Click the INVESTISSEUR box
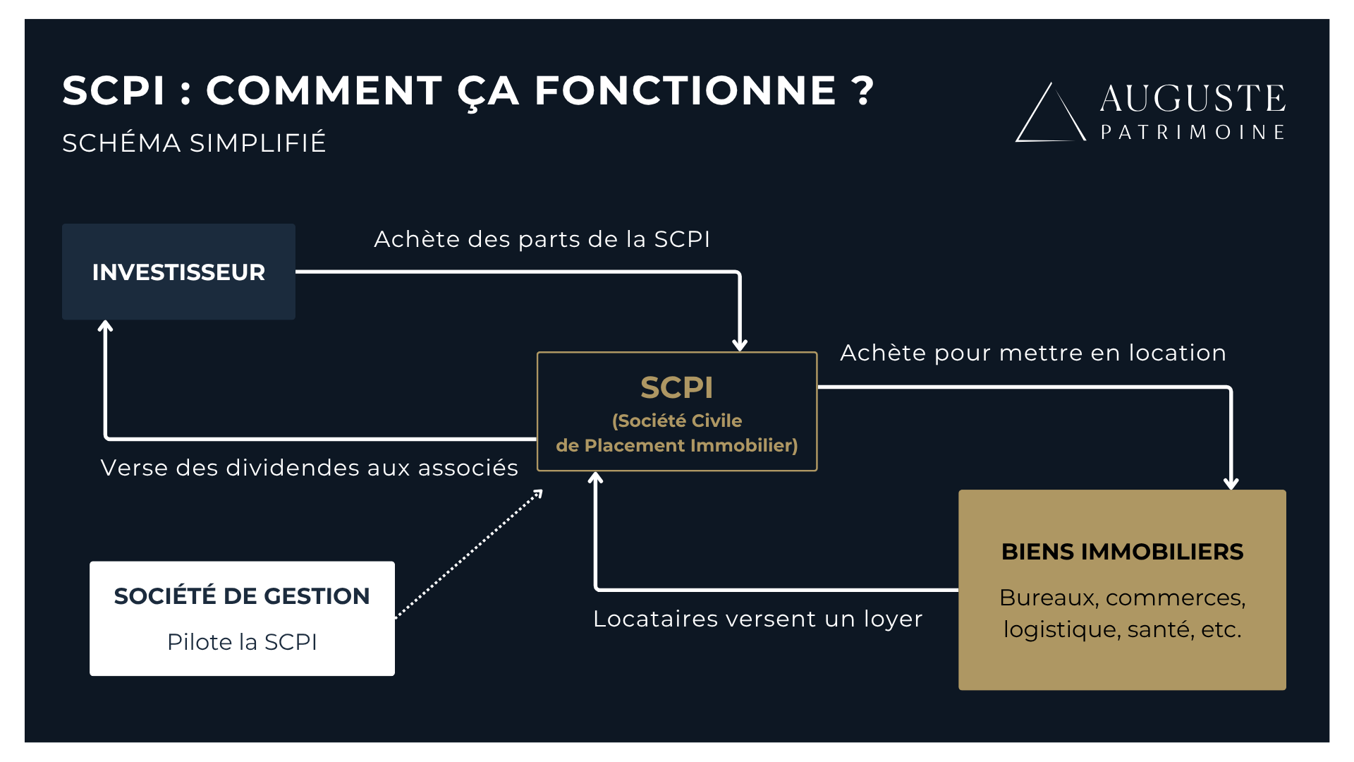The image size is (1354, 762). pos(178,272)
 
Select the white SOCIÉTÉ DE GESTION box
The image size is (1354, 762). pos(242,618)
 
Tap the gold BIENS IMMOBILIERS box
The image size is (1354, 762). pos(1122,590)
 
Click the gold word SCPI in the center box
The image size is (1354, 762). pos(676,387)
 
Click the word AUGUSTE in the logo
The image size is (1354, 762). pos(1193,98)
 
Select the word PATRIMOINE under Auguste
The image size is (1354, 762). pos(1193,133)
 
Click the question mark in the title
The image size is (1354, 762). pos(862,90)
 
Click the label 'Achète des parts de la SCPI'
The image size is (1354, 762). pos(542,239)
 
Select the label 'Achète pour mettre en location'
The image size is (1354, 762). pos(1033,353)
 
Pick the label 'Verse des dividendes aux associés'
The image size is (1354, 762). pos(309,468)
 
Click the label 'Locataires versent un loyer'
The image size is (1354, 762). pos(757,619)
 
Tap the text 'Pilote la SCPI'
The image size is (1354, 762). pos(242,642)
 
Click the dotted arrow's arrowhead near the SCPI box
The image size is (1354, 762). pos(538,494)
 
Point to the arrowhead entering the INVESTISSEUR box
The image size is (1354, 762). pos(106,326)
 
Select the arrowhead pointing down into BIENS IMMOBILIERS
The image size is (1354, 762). pos(1231,483)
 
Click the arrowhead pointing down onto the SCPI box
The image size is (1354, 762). pos(740,345)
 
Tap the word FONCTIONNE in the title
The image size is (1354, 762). pos(685,90)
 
